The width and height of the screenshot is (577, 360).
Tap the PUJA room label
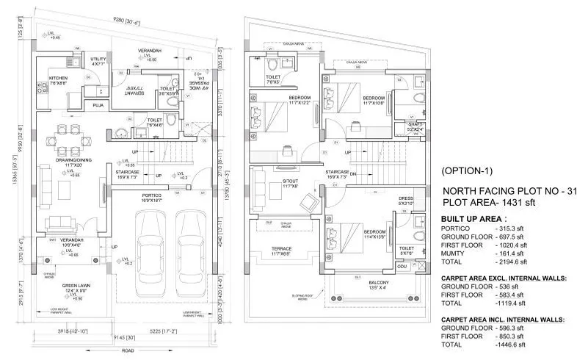(97, 106)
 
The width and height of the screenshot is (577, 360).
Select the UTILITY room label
(98, 59)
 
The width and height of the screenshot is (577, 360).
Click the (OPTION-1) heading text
(468, 170)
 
